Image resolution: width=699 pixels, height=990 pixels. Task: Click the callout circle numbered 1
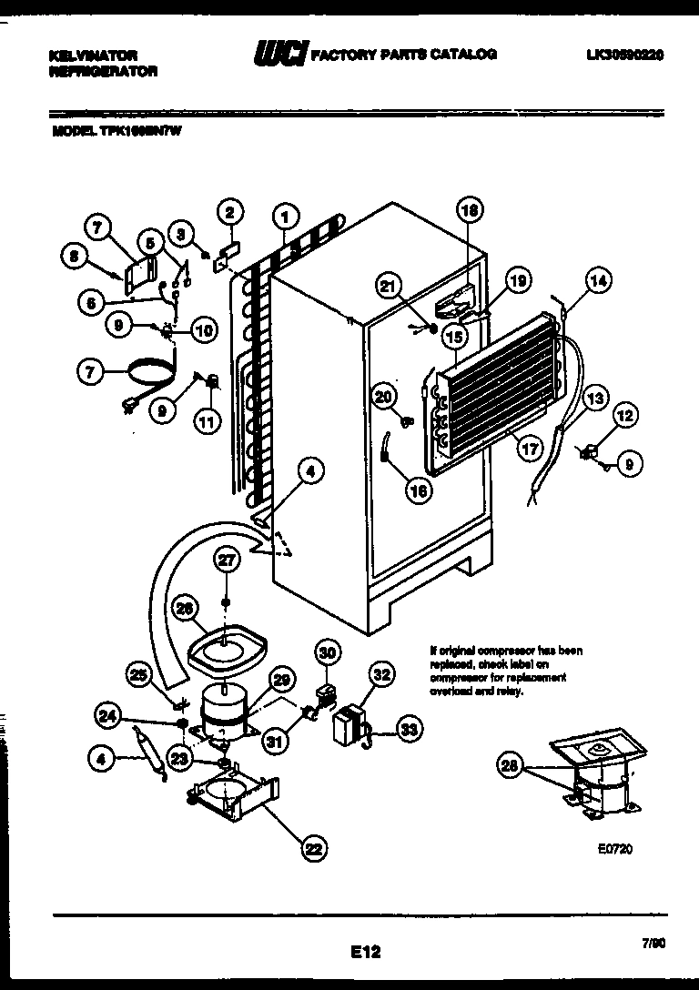pos(286,217)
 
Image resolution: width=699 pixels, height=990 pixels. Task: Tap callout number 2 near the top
pos(229,213)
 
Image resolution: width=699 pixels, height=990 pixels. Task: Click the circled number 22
pos(312,848)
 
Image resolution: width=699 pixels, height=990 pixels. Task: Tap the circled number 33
pos(410,728)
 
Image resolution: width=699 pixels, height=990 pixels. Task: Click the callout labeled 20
pos(383,396)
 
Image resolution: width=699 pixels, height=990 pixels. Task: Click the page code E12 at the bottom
pos(364,952)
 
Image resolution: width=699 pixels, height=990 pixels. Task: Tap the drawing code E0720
pos(615,850)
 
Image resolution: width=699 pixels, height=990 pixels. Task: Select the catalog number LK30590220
pos(625,55)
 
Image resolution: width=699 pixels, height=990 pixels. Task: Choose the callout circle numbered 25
pos(139,675)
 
